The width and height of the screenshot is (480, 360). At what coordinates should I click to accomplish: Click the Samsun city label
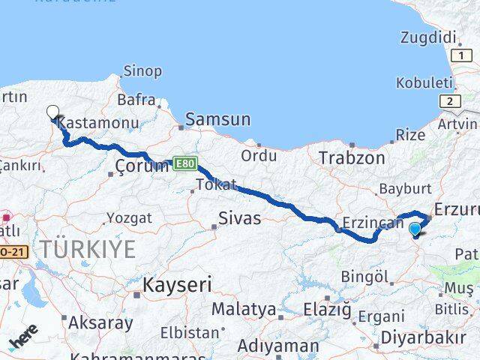coord(217,119)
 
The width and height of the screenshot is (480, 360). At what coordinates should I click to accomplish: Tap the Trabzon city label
coord(351,158)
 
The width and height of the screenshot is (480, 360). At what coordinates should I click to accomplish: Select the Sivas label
coord(239,218)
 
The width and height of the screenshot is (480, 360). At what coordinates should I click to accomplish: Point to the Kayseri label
coord(177,284)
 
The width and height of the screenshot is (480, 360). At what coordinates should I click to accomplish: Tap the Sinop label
coord(142,71)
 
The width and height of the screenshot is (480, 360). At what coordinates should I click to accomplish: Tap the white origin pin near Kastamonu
coord(52,113)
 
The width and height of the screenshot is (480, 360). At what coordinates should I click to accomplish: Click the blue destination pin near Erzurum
coord(415,229)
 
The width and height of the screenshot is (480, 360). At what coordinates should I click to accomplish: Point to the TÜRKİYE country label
coord(88,249)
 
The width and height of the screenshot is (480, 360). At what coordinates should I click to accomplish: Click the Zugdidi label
coord(428,37)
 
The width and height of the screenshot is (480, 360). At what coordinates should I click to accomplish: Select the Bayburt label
coord(405,188)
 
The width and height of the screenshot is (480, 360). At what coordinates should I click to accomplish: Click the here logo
coord(23,341)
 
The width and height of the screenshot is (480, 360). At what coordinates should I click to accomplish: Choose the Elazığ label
coord(327,309)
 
